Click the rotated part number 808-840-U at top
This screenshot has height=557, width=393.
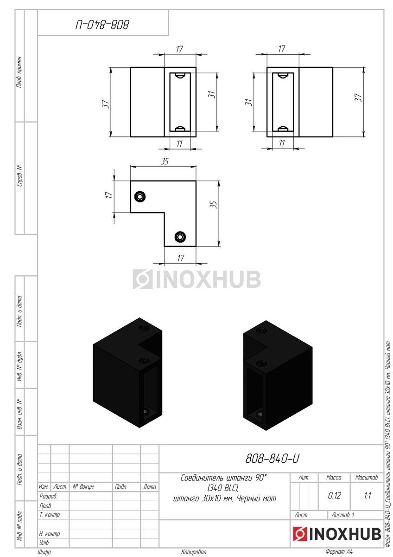pyautogui.click(x=102, y=25)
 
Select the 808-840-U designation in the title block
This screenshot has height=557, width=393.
pyautogui.click(x=273, y=458)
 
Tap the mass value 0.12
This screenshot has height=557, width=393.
pyautogui.click(x=334, y=496)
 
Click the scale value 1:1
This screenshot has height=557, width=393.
pyautogui.click(x=367, y=496)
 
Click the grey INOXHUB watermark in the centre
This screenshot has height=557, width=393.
pyautogui.click(x=196, y=279)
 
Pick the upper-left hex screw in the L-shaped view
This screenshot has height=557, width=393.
pyautogui.click(x=140, y=197)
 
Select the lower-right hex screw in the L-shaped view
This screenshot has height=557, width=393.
pyautogui.click(x=180, y=237)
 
